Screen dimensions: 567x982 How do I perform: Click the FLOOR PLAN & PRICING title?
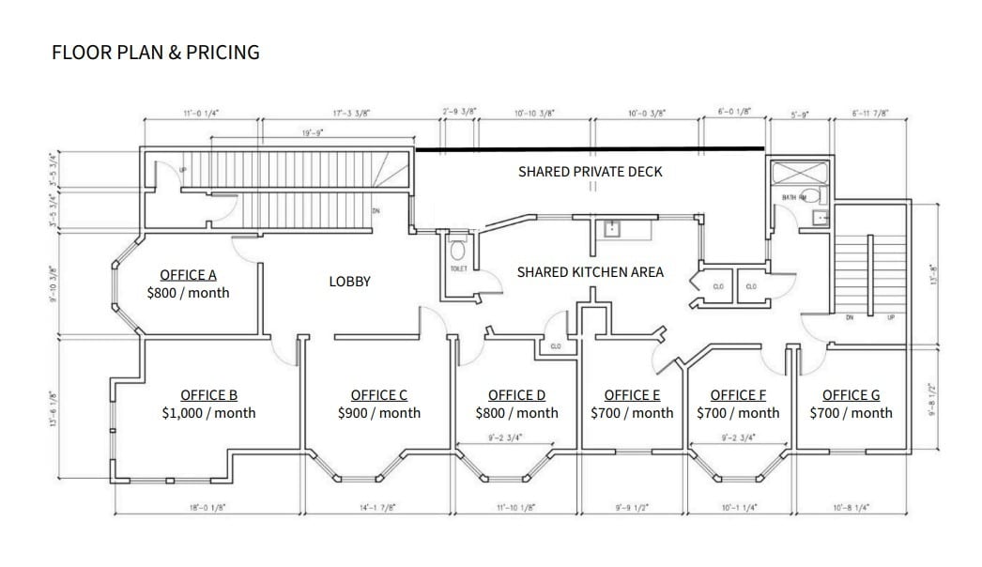click(155, 53)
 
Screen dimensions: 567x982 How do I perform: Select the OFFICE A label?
click(188, 275)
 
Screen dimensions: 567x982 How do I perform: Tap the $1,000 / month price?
click(207, 413)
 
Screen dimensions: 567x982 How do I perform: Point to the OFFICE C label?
click(379, 395)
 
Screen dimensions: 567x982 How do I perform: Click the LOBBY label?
click(349, 282)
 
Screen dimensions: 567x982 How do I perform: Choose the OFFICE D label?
click(516, 395)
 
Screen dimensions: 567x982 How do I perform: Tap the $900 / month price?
click(379, 413)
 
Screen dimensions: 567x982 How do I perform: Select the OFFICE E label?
click(632, 395)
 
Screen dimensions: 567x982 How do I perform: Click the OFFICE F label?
click(738, 395)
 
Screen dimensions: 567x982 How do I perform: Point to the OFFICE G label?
click(851, 395)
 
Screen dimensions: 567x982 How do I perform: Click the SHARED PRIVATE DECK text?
click(590, 172)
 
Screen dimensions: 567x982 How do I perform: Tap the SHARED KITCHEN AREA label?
click(590, 272)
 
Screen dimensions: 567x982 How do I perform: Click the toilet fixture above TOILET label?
click(458, 251)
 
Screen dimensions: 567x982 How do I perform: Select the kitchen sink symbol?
click(611, 228)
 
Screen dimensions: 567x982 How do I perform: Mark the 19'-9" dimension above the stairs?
click(313, 133)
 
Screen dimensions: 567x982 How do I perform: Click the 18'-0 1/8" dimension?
click(207, 507)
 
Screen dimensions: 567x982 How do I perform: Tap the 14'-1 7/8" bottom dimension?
click(378, 507)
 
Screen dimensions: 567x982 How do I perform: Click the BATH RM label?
click(794, 198)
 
